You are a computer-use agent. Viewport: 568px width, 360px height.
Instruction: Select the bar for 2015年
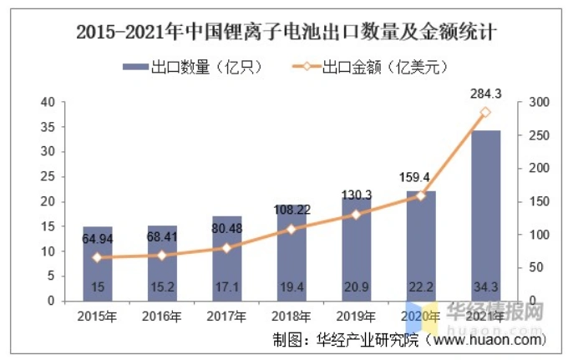tap(97, 263)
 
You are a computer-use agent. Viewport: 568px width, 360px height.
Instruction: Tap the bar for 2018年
tap(291, 251)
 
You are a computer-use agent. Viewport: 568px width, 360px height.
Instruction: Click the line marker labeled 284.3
tap(485, 113)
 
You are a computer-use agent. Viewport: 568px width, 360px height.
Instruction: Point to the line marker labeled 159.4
tap(421, 195)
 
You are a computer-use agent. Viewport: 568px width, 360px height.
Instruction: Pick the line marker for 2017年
tap(226, 247)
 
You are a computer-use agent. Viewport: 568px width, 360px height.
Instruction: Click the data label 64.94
tap(97, 240)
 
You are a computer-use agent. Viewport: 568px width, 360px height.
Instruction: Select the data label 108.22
tap(291, 210)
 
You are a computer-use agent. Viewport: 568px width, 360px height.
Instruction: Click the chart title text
tap(285, 33)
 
